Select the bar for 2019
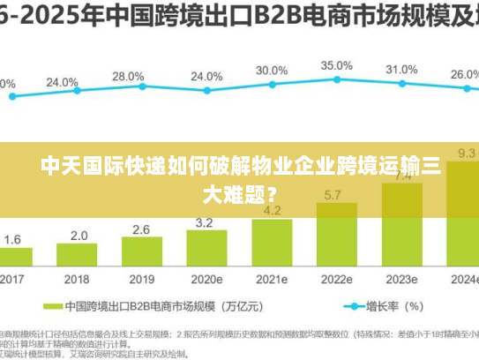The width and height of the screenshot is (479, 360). [x=141, y=253]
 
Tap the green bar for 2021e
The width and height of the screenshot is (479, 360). [x=273, y=244]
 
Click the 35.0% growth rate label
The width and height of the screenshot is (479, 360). [x=336, y=66]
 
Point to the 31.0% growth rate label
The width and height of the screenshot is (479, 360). [x=401, y=70]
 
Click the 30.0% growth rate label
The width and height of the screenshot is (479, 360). [x=272, y=71]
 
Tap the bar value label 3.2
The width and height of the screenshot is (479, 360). [x=205, y=222]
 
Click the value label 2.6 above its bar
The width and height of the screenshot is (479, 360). [x=141, y=229]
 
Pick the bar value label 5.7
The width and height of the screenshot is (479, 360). [x=334, y=195]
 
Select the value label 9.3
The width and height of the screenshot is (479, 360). [x=467, y=153]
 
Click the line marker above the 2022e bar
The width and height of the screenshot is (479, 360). [x=336, y=80]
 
